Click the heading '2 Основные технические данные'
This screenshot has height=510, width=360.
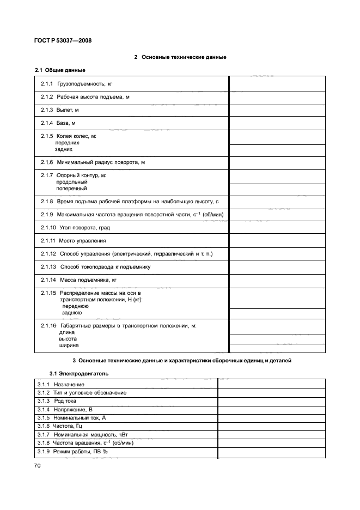180,57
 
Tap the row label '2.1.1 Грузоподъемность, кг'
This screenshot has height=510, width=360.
76,84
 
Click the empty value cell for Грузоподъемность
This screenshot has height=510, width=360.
277,84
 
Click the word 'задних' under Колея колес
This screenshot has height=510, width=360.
64,149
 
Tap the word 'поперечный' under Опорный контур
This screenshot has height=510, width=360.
71,188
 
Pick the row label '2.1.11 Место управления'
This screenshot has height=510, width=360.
74,241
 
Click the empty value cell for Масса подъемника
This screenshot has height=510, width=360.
277,280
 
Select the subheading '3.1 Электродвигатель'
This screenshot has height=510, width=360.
79,374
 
